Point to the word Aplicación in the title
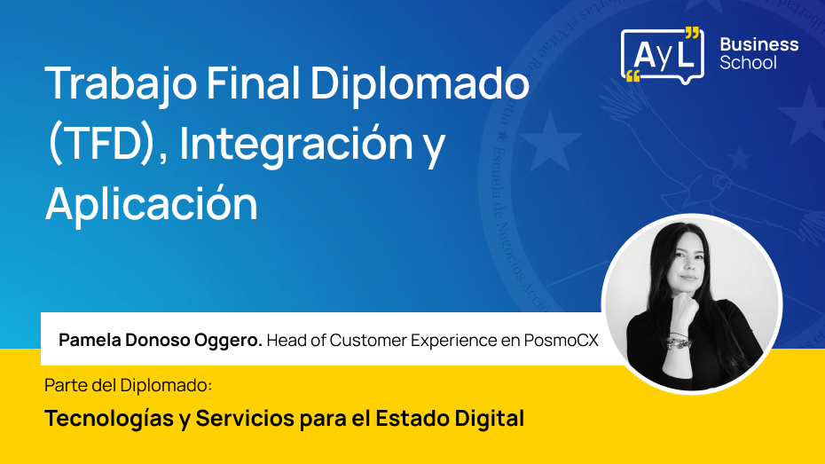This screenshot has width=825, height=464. point(152,204)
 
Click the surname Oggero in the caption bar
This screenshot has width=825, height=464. point(230,340)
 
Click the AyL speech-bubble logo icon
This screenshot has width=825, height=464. point(662,54)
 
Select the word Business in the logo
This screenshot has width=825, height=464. point(758,44)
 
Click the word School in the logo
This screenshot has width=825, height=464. point(748,63)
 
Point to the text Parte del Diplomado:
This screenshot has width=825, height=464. point(129,387)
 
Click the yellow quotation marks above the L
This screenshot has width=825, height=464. point(692,34)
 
